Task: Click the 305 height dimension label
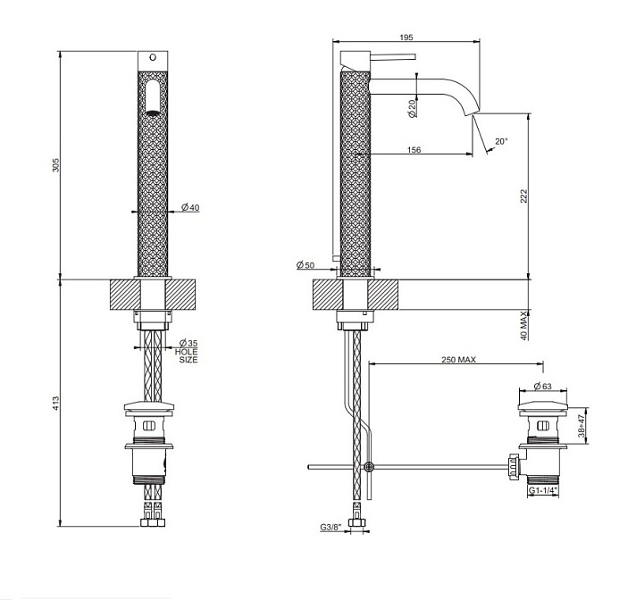click(55, 165)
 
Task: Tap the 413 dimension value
click(55, 403)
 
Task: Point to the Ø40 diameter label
click(190, 207)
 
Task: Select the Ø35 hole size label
click(188, 351)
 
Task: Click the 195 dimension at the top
click(406, 37)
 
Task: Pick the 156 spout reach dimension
click(414, 150)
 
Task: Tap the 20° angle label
click(501, 141)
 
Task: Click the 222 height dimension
click(524, 196)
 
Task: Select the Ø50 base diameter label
click(305, 265)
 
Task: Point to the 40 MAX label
click(524, 326)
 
